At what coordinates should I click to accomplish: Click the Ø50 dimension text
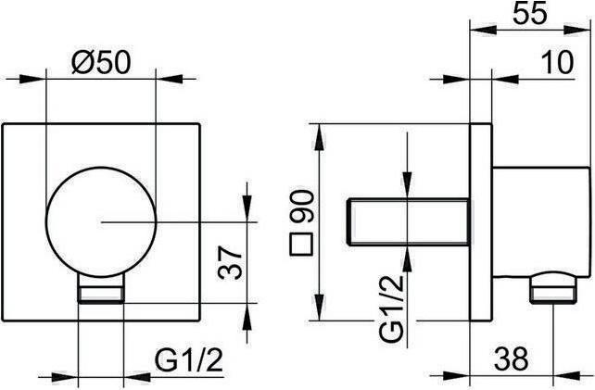102,63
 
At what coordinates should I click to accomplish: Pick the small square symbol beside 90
300,247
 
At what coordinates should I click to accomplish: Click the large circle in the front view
100,221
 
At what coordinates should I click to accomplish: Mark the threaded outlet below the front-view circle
100,295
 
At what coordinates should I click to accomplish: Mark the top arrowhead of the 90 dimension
319,129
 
